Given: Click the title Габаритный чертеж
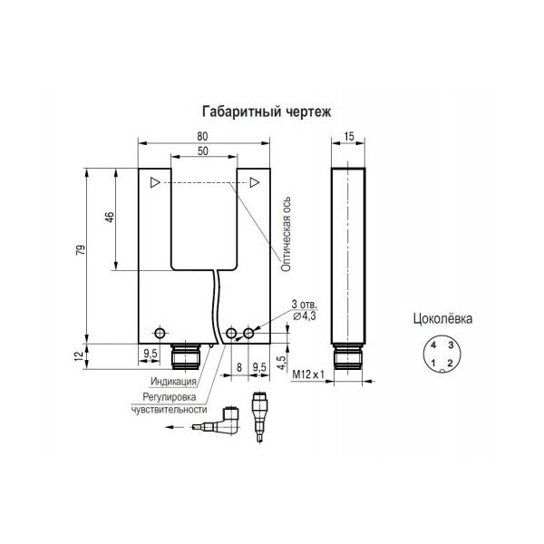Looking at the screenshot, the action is (x=267, y=112).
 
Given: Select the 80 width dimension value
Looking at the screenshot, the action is (x=202, y=136).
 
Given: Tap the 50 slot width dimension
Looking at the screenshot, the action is (x=203, y=151).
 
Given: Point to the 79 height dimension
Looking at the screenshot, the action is (x=81, y=250).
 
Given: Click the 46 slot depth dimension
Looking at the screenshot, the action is (x=110, y=217).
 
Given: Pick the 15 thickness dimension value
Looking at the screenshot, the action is (x=349, y=136).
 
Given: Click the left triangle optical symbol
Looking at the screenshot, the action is (x=155, y=182).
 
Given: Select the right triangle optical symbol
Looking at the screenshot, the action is (x=255, y=182).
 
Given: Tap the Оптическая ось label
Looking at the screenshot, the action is (x=286, y=234).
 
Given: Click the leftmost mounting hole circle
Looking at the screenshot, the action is (x=160, y=333).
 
